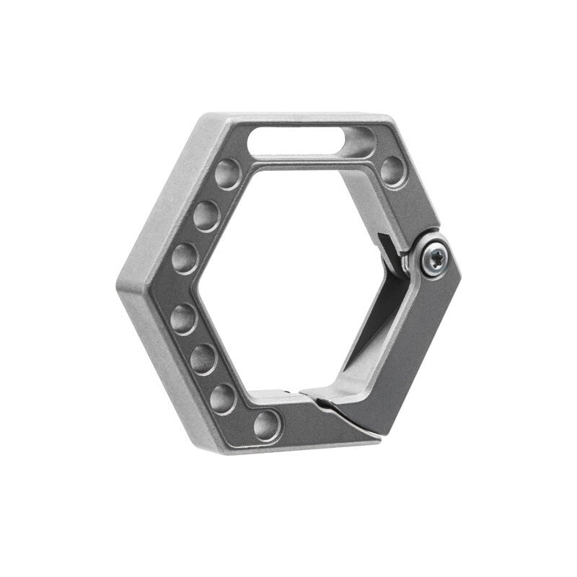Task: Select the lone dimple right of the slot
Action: [x=393, y=171]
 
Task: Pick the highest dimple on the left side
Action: [x=228, y=173]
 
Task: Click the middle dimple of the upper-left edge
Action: [x=206, y=215]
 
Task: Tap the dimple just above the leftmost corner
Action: [x=185, y=257]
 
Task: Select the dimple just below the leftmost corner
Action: [x=184, y=317]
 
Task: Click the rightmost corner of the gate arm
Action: [x=459, y=274]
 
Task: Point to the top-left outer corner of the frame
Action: [x=205, y=115]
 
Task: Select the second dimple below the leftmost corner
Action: [x=203, y=358]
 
